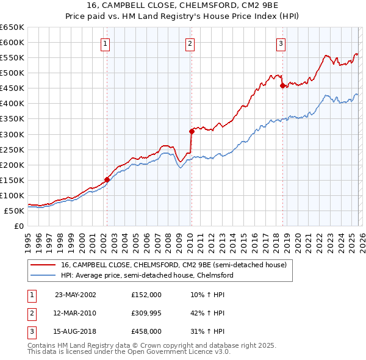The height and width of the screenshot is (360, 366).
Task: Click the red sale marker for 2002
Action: pos(107,179)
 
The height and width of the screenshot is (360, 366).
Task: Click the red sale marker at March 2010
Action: pos(191,131)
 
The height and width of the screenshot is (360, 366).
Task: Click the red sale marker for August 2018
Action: pos(282,86)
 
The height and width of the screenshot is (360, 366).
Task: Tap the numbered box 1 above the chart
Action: pos(106,43)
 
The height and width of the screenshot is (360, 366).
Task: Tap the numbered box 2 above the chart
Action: pos(190,43)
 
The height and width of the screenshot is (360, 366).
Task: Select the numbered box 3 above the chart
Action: pos(281,43)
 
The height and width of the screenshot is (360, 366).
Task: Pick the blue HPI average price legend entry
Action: pos(147,275)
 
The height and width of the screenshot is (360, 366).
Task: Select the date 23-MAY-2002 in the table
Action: pos(75,294)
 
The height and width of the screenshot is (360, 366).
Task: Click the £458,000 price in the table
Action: pos(146,331)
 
